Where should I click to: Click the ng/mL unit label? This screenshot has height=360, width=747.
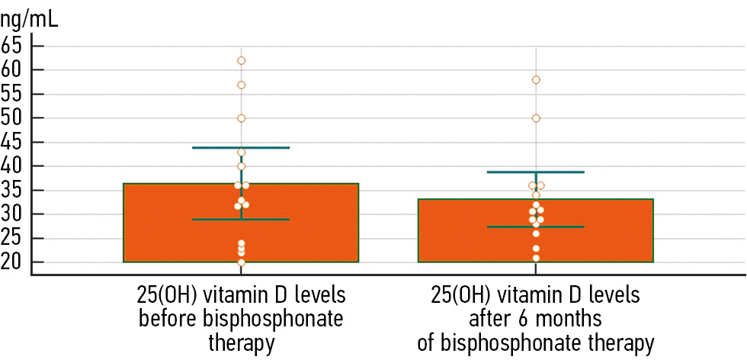pyautogui.click(x=29, y=17)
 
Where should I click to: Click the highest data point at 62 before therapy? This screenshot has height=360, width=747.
pyautogui.click(x=241, y=60)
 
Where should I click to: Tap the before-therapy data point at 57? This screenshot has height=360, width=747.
pyautogui.click(x=241, y=85)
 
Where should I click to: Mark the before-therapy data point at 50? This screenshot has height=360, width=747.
pyautogui.click(x=241, y=118)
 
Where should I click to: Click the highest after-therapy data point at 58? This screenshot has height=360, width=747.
pyautogui.click(x=536, y=79)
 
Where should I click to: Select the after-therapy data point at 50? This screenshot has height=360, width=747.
pyautogui.click(x=536, y=118)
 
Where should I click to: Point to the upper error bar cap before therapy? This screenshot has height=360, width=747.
pyautogui.click(x=241, y=147)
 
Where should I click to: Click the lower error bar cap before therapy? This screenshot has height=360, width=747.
pyautogui.click(x=241, y=220)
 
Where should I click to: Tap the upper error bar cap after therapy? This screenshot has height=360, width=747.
pyautogui.click(x=536, y=172)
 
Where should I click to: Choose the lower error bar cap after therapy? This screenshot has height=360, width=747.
pyautogui.click(x=536, y=227)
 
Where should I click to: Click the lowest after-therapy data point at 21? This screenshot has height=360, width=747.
pyautogui.click(x=536, y=258)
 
